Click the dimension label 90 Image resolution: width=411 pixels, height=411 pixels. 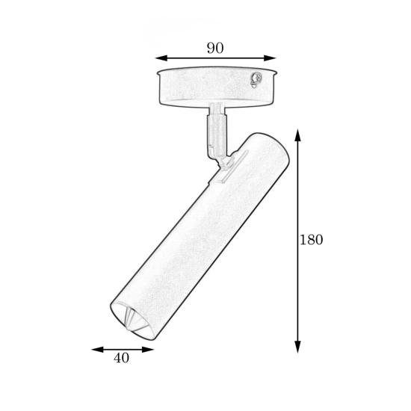click(x=215, y=48)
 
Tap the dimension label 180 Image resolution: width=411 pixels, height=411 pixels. click(x=312, y=240)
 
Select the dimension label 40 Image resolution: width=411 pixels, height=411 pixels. click(x=121, y=358)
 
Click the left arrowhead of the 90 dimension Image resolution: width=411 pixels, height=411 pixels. click(x=161, y=58)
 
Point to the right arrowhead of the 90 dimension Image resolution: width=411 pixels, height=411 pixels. click(x=271, y=58)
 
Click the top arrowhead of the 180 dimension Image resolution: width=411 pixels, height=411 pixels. click(x=297, y=135)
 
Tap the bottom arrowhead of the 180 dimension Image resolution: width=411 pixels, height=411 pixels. click(x=297, y=347)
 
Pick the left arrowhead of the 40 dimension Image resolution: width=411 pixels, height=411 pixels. click(x=97, y=350)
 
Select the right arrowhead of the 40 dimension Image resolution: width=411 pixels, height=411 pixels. click(x=147, y=350)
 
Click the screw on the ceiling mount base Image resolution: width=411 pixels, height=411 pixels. click(x=256, y=79)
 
